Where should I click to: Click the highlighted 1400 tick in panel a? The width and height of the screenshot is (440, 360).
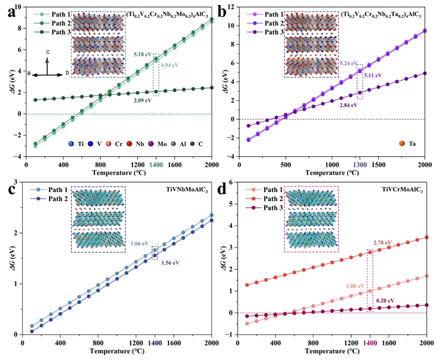pyautogui.click(x=156, y=165)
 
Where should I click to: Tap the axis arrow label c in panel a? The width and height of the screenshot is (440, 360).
pyautogui.click(x=48, y=52)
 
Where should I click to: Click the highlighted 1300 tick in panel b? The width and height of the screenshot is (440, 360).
pyautogui.click(x=360, y=165)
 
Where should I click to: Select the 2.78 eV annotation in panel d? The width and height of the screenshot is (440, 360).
pyautogui.click(x=385, y=240)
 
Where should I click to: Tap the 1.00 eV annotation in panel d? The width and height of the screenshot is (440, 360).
pyautogui.click(x=356, y=286)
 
